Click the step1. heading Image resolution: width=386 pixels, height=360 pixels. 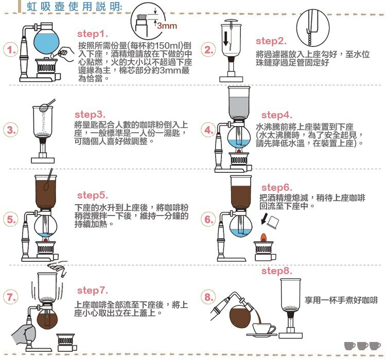pyautogui.click(x=93, y=34)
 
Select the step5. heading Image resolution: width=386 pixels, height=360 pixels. pyautogui.click(x=92, y=195)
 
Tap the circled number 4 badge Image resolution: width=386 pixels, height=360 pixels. pyautogui.click(x=208, y=130)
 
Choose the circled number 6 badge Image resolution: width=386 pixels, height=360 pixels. pyautogui.click(x=208, y=220)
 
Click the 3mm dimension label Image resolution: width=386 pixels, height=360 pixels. pyautogui.click(x=166, y=25)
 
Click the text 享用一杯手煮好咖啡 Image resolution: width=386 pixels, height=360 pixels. pyautogui.click(x=341, y=299)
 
